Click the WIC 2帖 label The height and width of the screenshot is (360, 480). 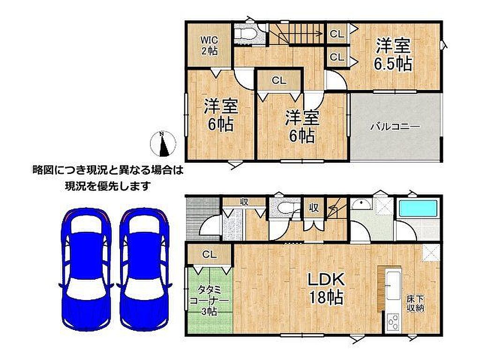[x=210, y=45]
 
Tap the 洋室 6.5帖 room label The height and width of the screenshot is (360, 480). [x=393, y=55]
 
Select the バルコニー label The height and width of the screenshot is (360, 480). [x=395, y=127]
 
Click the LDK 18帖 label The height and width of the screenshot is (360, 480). [x=326, y=288]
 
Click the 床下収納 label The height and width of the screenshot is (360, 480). [x=415, y=303]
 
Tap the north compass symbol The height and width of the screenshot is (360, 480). [x=163, y=143]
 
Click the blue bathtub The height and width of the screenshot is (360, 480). [x=418, y=208]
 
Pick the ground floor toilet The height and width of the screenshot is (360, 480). [x=285, y=207]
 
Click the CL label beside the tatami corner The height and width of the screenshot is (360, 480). [x=210, y=255]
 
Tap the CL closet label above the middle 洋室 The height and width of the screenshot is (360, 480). [x=279, y=81]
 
